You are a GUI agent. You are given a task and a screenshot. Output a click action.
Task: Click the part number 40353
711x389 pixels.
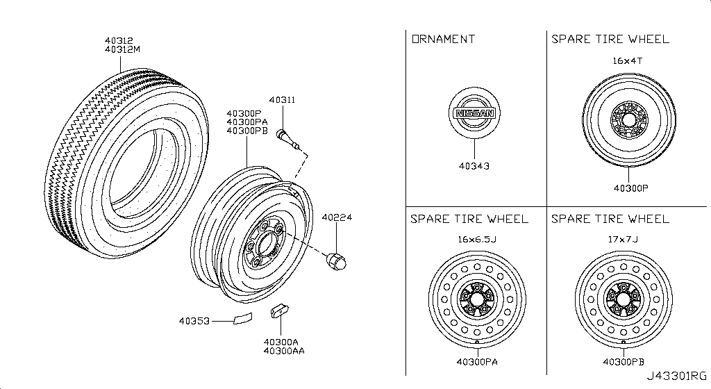pyautogui.click(x=194, y=322)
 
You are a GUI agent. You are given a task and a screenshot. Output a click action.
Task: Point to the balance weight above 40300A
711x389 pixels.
pyautogui.click(x=281, y=311)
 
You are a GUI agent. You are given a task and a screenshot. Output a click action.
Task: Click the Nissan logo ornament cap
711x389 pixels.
pyautogui.click(x=474, y=114)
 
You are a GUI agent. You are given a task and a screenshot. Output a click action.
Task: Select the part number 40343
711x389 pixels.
pyautogui.click(x=474, y=166)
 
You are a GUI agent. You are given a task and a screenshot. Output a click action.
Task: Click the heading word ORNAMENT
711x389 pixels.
pyautogui.click(x=444, y=39)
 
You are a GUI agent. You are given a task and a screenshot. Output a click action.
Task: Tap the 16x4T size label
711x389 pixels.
pyautogui.click(x=626, y=61)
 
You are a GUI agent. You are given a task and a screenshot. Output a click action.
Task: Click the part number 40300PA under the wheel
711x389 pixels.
pyautogui.click(x=477, y=361)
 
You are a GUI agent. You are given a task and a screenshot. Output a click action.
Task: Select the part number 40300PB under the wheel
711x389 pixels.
pyautogui.click(x=623, y=361)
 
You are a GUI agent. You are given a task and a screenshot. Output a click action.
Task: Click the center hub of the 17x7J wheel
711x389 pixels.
pyautogui.click(x=623, y=299)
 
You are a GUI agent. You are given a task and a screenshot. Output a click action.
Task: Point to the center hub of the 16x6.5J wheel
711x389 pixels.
pyautogui.click(x=477, y=299)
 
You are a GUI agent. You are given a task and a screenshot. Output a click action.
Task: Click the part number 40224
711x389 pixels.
pyautogui.click(x=337, y=217)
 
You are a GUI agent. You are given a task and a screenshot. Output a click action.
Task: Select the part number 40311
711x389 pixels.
pyautogui.click(x=283, y=100)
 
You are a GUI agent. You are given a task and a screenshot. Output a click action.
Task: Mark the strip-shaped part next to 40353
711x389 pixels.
pyautogui.click(x=242, y=320)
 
